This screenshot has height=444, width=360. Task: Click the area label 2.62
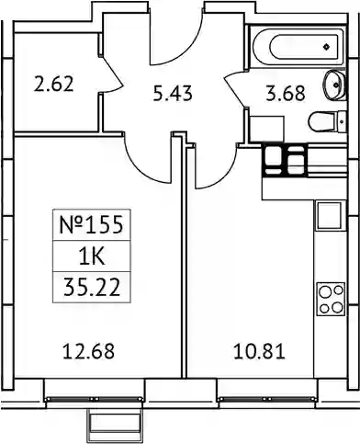pyautogui.click(x=54, y=85)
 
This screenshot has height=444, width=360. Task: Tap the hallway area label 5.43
pyautogui.click(x=173, y=94)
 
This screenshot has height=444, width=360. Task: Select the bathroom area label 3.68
pyautogui.click(x=286, y=94)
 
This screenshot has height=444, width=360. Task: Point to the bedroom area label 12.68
pyautogui.click(x=88, y=351)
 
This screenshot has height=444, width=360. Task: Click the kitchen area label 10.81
pyautogui.click(x=259, y=351)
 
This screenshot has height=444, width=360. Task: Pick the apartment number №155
pyautogui.click(x=91, y=225)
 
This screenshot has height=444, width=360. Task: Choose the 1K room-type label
pyautogui.click(x=92, y=256)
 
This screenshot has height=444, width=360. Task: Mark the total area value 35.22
pyautogui.click(x=92, y=288)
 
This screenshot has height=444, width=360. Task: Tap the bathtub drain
pyautogui.click(x=327, y=47)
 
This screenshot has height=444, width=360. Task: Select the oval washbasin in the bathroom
pyautogui.click(x=335, y=85)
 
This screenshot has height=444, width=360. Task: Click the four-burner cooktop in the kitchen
pyautogui.click(x=331, y=299)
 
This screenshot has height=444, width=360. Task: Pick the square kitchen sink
pyautogui.click(x=330, y=216)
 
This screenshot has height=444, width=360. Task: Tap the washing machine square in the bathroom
pyautogui.click(x=266, y=129)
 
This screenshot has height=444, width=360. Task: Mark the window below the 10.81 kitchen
pyautogui.click(x=266, y=399)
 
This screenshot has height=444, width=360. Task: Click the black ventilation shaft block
pyautogui.click(x=285, y=160)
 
